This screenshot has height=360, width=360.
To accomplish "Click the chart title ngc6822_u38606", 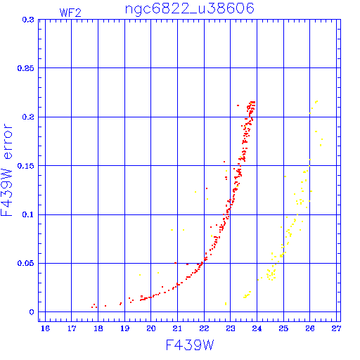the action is pyautogui.click(x=190, y=9).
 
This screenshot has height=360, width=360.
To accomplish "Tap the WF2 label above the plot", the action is pyautogui.click(x=70, y=13).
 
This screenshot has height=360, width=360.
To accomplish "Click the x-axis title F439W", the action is pyautogui.click(x=190, y=345).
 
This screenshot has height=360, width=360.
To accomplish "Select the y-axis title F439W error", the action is pyautogui.click(x=6, y=170).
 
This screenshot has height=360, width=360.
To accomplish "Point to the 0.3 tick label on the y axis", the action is pyautogui.click(x=28, y=20).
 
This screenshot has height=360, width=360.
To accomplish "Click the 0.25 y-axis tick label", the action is pyautogui.click(x=26, y=68).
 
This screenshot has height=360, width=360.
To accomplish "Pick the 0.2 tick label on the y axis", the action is pyautogui.click(x=28, y=117).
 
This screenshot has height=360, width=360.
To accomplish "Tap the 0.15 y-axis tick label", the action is pyautogui.click(x=26, y=166).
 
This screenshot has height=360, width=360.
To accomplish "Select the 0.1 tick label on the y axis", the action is pyautogui.click(x=28, y=214).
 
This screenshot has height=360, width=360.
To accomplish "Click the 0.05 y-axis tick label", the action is pyautogui.click(x=26, y=263).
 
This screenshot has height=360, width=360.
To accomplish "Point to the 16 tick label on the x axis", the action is pyautogui.click(x=45, y=328).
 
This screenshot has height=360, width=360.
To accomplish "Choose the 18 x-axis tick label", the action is pyautogui.click(x=98, y=328).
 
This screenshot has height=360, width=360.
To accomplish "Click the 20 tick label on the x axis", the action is pyautogui.click(x=151, y=328).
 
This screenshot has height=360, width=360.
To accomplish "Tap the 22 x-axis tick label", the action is pyautogui.click(x=204, y=328).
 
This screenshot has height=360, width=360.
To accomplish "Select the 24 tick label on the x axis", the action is pyautogui.click(x=257, y=328).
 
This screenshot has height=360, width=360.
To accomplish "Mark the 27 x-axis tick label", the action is pyautogui.click(x=336, y=328).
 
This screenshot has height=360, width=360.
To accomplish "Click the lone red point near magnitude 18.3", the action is pyautogui.click(x=105, y=306).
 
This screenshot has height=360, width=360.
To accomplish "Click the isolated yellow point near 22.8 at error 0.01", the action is pyautogui.click(x=226, y=304).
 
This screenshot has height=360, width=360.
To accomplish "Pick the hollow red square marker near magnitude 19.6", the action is pyautogui.click(x=141, y=297).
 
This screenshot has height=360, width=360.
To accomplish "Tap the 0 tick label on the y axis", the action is pyautogui.click(x=32, y=312).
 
